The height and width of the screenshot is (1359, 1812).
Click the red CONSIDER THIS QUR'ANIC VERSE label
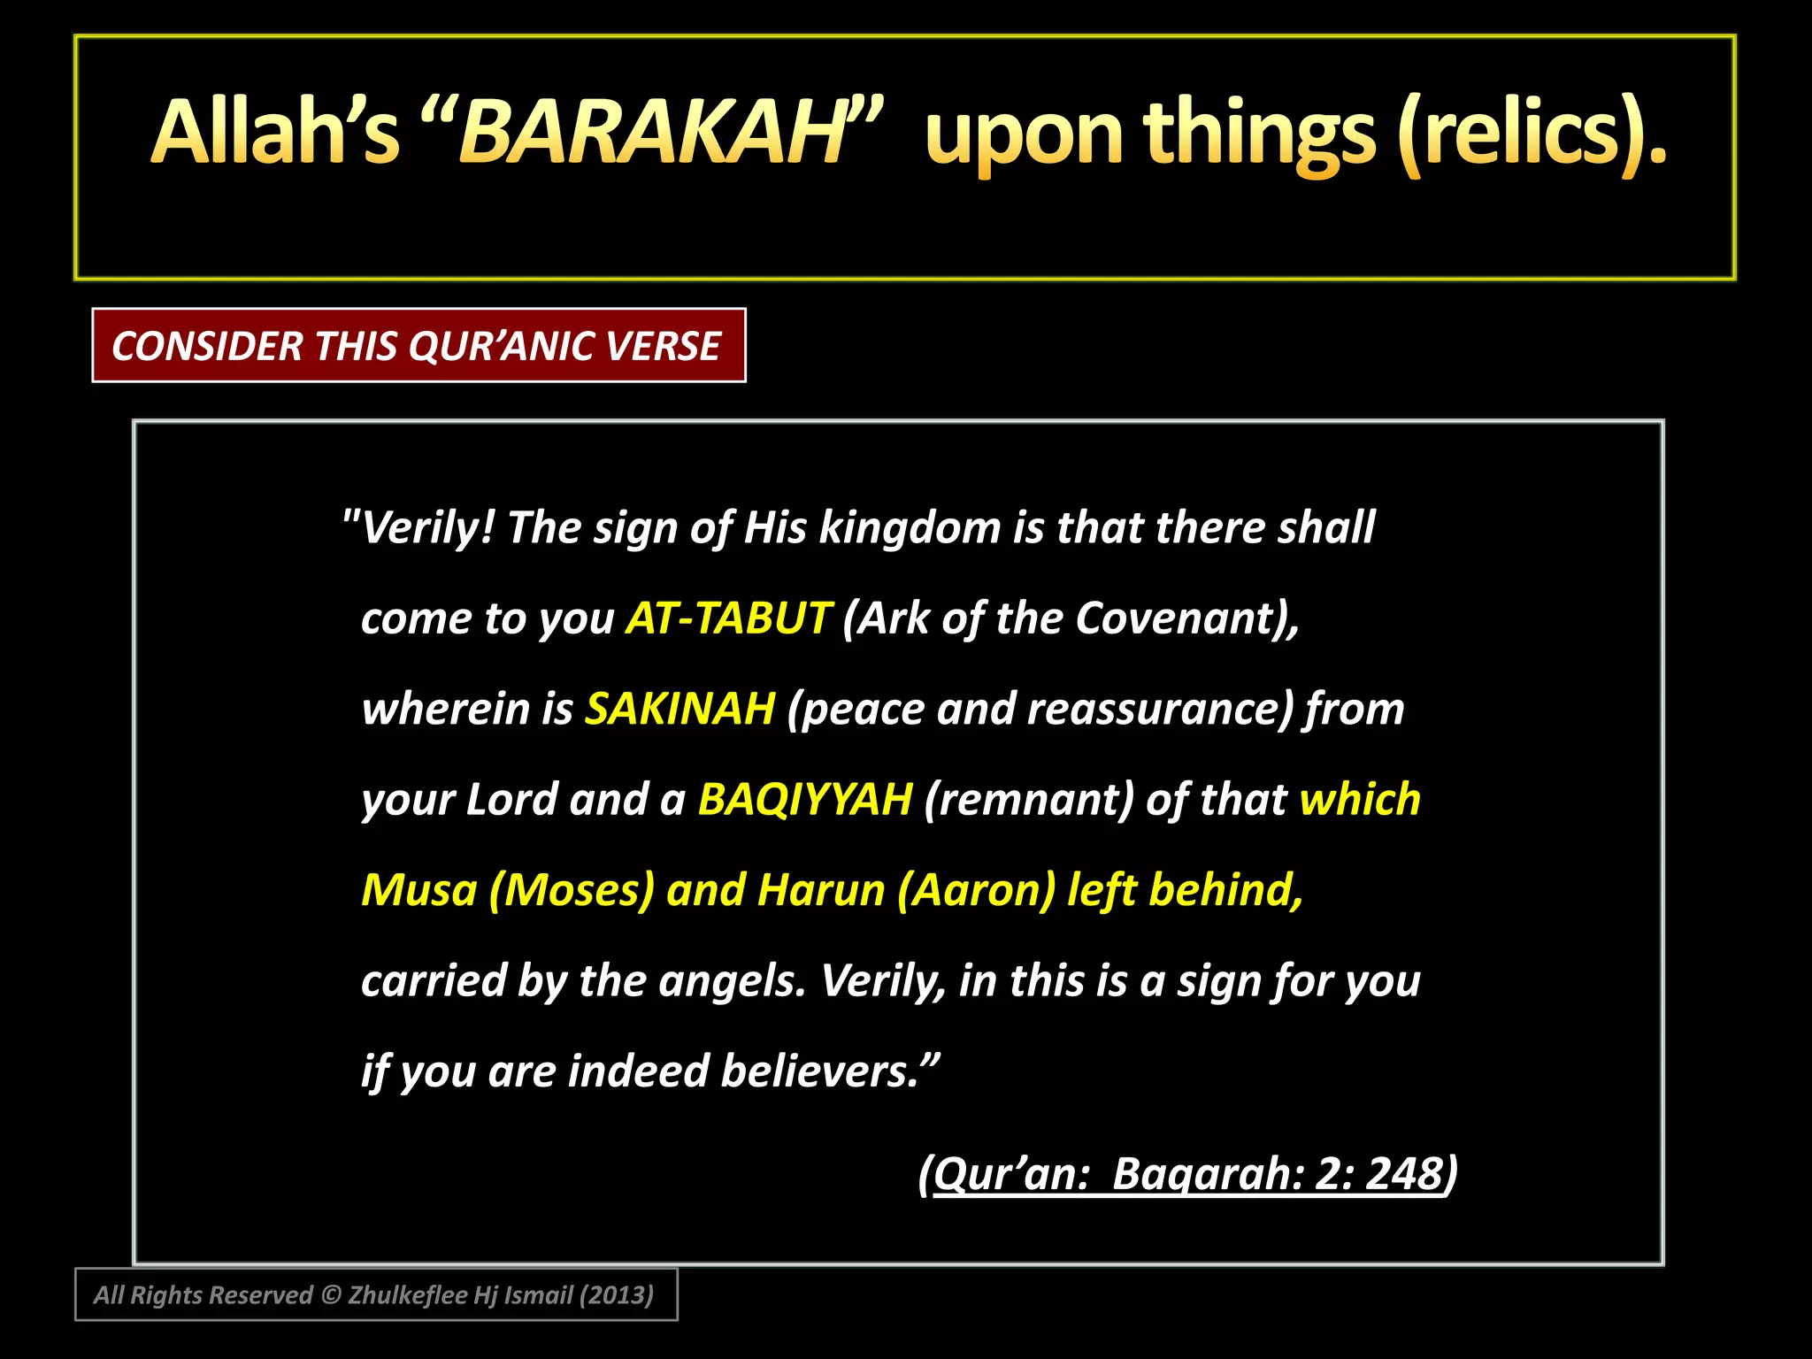coord(418,345)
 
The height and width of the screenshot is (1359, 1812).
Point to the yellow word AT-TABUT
coord(727,618)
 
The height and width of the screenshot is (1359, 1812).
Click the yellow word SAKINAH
coord(679,709)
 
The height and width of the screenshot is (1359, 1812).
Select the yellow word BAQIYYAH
coord(804,799)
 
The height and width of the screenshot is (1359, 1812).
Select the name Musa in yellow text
coord(418,889)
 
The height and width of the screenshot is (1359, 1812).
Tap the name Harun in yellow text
coord(820,889)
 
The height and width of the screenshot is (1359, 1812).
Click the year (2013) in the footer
coord(616,1295)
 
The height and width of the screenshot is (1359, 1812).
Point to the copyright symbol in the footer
coord(330,1295)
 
